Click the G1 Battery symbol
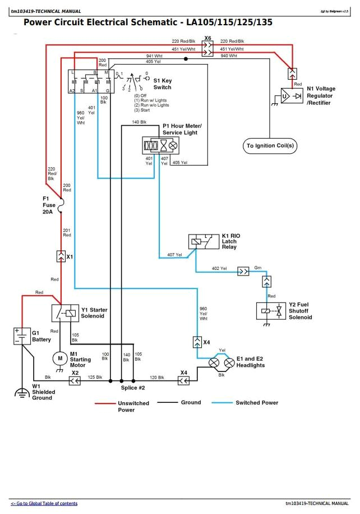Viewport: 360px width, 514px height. [x=22, y=336]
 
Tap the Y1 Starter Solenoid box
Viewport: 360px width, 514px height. [x=64, y=313]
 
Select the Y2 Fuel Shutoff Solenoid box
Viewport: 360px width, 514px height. [x=270, y=310]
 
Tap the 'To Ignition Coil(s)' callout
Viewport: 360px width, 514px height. [x=270, y=146]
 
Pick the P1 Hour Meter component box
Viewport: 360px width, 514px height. [x=160, y=145]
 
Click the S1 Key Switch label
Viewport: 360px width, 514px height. [x=162, y=84]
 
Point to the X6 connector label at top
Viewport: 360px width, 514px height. [x=207, y=38]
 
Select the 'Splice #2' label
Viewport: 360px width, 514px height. [x=133, y=388]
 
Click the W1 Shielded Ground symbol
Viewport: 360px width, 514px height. [x=22, y=391]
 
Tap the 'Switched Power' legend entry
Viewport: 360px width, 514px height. [x=256, y=402]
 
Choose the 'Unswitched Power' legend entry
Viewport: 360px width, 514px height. [x=133, y=406]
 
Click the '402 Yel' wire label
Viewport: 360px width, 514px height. [x=219, y=268]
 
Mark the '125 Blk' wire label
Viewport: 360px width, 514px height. [x=95, y=377]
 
